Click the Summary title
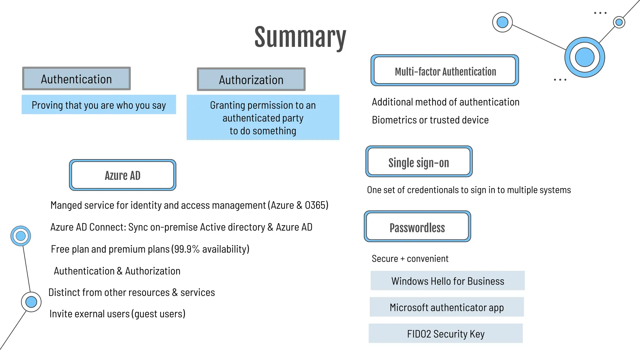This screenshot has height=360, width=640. pyautogui.click(x=300, y=37)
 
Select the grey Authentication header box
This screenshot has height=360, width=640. pyautogui.click(x=77, y=79)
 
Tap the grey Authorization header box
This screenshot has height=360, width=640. pyautogui.click(x=251, y=79)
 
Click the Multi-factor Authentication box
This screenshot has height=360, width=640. pyautogui.click(x=445, y=71)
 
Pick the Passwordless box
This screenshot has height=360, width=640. pyautogui.click(x=417, y=227)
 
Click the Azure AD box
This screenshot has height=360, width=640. pyautogui.click(x=122, y=175)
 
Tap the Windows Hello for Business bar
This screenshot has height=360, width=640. pyautogui.click(x=447, y=281)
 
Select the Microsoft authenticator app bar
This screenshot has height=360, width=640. pyautogui.click(x=447, y=307)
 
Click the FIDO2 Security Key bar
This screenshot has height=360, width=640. pyautogui.click(x=446, y=334)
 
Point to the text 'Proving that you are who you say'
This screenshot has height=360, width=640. pyautogui.click(x=99, y=105)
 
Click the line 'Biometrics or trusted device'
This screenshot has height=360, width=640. pyautogui.click(x=430, y=120)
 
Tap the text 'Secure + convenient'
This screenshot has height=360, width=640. pyautogui.click(x=410, y=259)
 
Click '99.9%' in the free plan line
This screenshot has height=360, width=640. pyautogui.click(x=187, y=249)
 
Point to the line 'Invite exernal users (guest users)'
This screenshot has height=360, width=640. pyautogui.click(x=117, y=313)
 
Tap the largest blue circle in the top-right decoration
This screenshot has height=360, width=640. pyautogui.click(x=584, y=57)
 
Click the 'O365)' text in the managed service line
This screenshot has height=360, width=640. pyautogui.click(x=316, y=205)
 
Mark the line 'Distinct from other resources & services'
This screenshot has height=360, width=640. pyautogui.click(x=132, y=292)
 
